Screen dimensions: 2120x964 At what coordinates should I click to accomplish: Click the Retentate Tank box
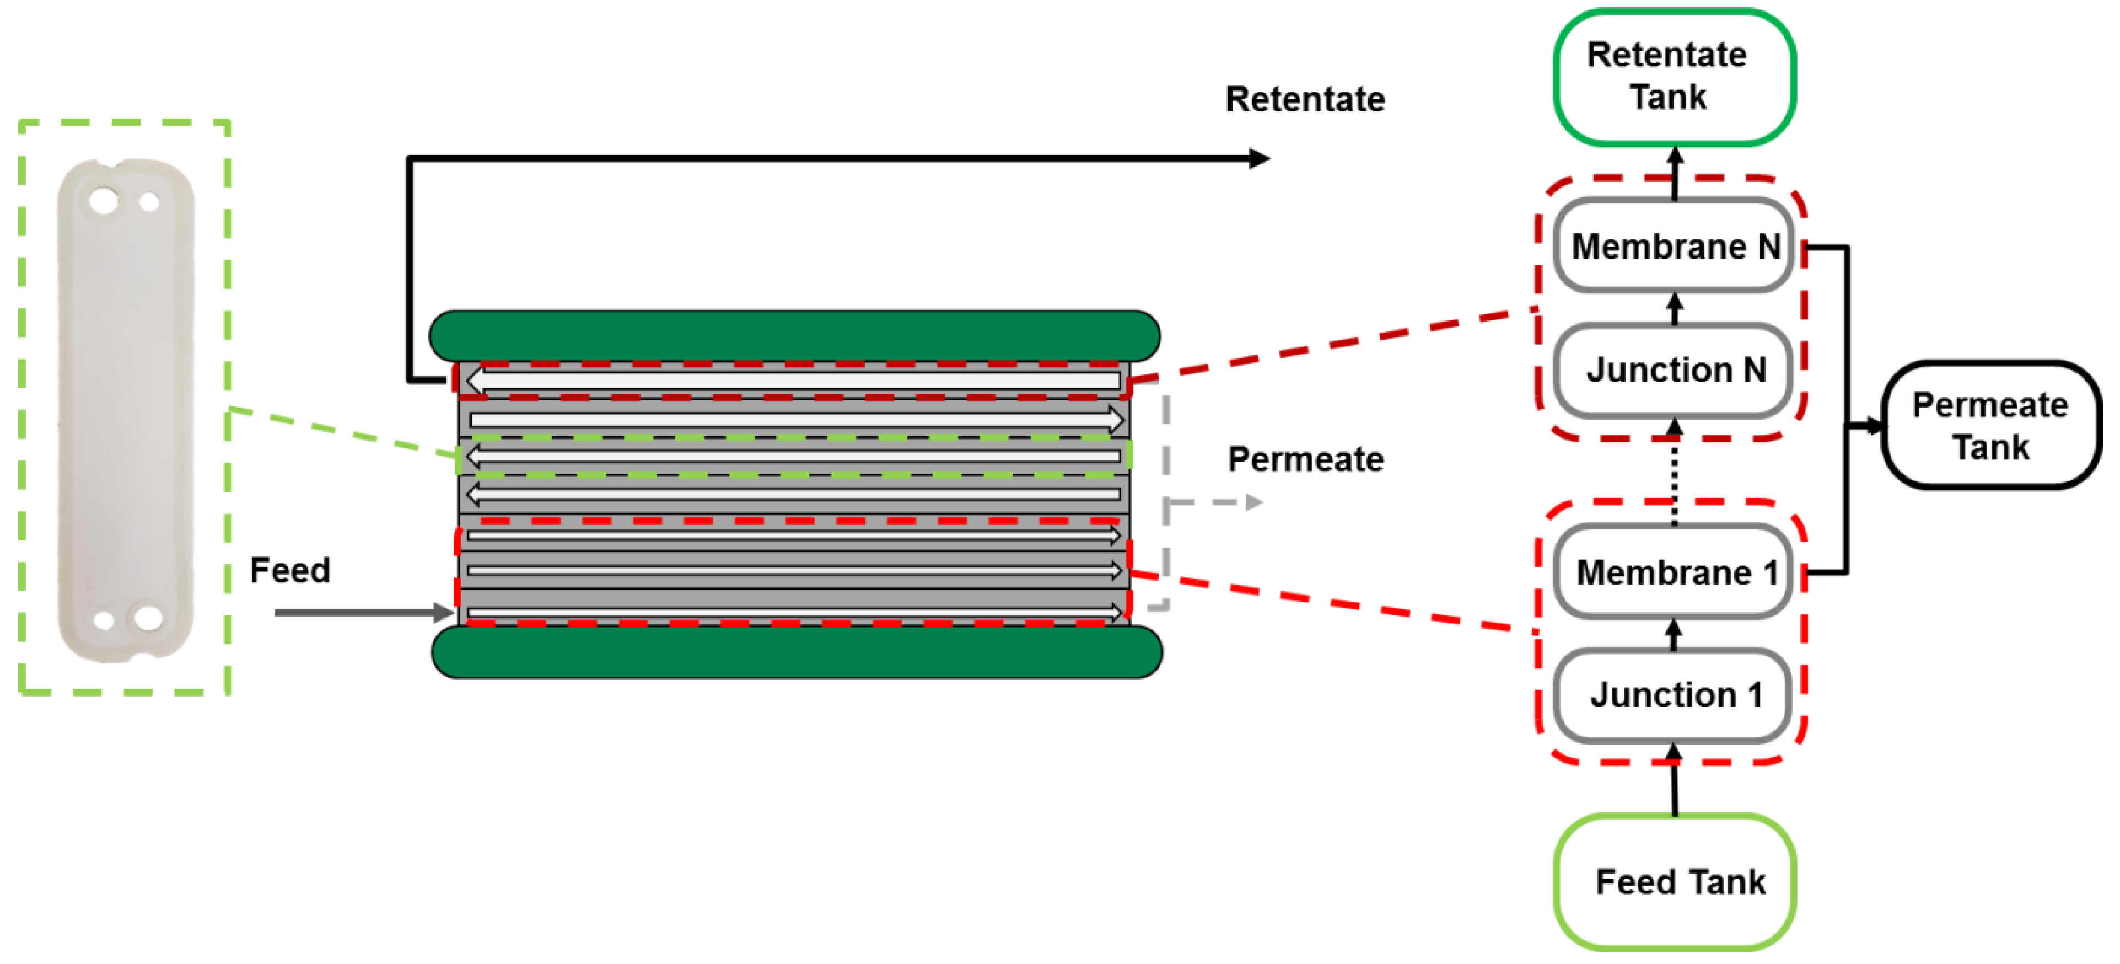[1674, 77]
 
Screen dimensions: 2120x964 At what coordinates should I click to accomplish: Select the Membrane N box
[1674, 245]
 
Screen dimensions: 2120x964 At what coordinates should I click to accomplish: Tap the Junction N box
[1674, 369]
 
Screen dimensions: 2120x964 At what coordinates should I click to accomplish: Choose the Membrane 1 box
[1674, 571]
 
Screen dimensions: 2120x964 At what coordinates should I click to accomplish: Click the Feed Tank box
[1674, 882]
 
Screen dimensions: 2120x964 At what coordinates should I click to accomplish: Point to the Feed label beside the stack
[290, 570]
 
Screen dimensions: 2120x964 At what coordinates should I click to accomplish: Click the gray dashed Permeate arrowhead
[1254, 502]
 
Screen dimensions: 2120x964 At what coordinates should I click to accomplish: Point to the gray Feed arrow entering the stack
[364, 613]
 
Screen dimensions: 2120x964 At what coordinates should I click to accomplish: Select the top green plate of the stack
[795, 336]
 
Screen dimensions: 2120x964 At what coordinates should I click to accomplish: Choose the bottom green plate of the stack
[797, 652]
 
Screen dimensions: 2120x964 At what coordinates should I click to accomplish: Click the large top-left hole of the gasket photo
[104, 200]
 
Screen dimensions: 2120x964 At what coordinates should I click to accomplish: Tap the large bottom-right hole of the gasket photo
[149, 618]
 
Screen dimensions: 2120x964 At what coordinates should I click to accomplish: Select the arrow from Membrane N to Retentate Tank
[1675, 172]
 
